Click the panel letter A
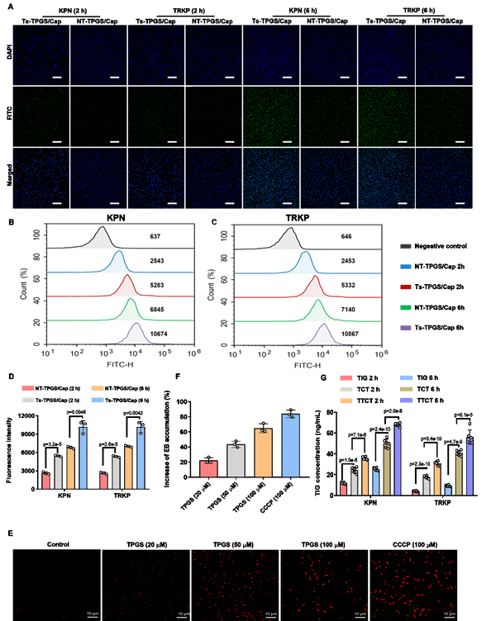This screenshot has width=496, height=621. click(9, 5)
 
